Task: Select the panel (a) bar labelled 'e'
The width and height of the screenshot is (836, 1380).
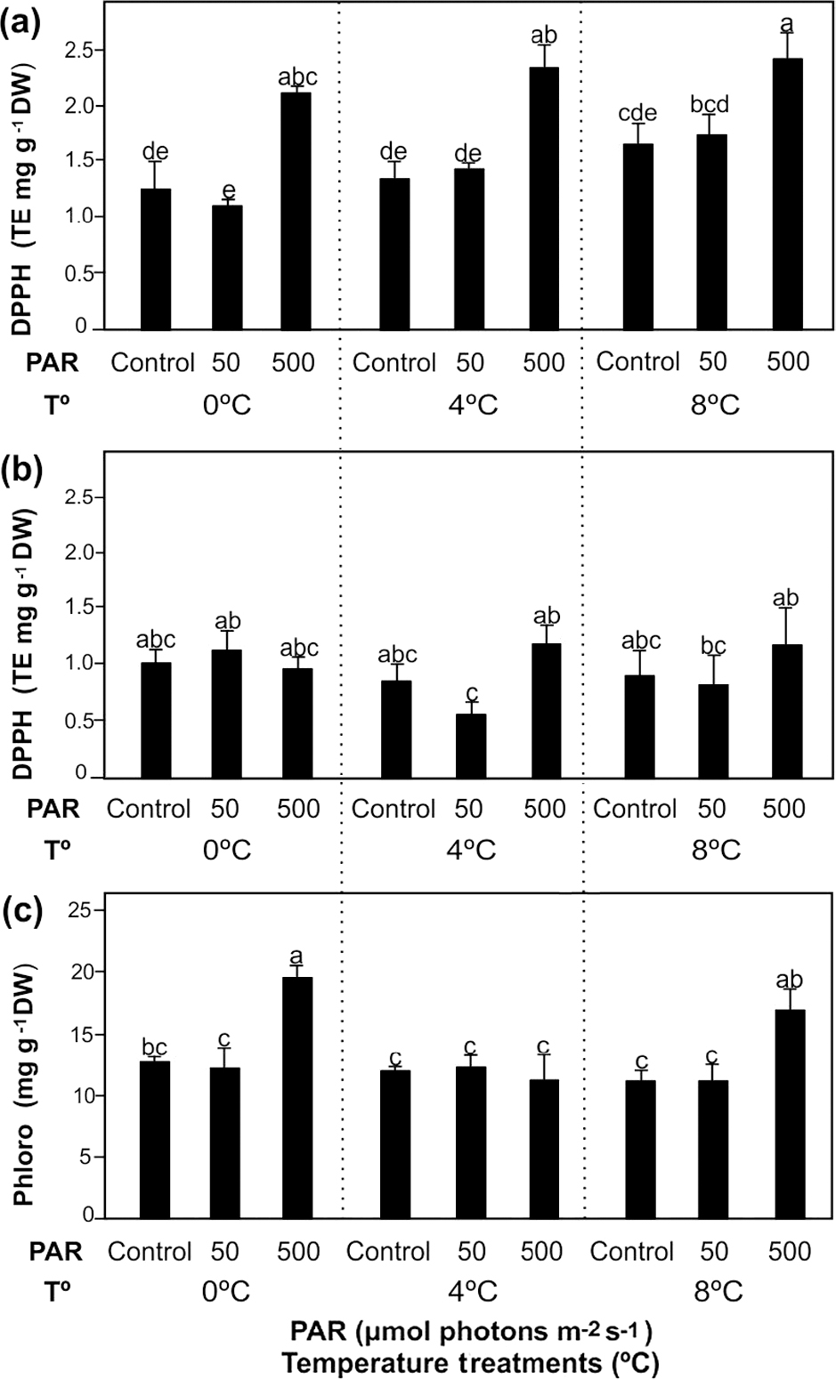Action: [229, 267]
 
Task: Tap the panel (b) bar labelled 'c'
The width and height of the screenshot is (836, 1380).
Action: [471, 745]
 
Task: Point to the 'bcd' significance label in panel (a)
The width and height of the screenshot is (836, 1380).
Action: [709, 105]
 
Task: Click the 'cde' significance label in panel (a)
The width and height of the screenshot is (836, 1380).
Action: [637, 113]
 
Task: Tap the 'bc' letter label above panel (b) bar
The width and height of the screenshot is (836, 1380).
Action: [713, 646]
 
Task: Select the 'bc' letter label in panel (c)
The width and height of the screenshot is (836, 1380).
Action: [154, 1048]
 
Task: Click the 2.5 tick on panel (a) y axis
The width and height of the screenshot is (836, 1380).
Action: [80, 51]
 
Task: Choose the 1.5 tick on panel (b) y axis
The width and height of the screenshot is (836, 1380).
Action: [80, 608]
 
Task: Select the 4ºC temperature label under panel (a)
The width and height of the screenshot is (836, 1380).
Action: [471, 406]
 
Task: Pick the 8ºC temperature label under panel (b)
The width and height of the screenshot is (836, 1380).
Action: [714, 849]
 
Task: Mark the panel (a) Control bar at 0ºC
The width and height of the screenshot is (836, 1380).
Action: [156, 259]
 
